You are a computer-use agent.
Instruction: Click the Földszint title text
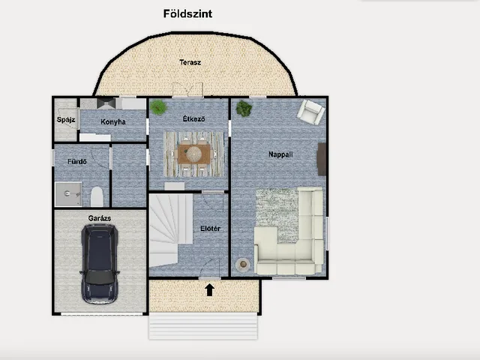tap(187, 13)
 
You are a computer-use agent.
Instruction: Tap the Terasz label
tap(190, 62)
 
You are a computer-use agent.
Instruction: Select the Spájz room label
tap(66, 120)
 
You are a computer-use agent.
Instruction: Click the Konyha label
tap(113, 121)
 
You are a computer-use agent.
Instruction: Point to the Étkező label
tap(193, 118)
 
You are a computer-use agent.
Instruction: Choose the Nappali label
tap(280, 154)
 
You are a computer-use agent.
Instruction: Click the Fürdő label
tap(77, 161)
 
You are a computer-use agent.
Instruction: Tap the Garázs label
tap(100, 218)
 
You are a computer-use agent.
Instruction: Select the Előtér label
tap(210, 228)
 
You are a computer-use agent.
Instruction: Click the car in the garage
tap(99, 264)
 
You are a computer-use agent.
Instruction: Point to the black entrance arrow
tap(209, 290)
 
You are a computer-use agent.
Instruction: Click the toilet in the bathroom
tap(97, 196)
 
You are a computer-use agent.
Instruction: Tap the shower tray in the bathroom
tap(68, 194)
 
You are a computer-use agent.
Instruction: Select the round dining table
tap(193, 154)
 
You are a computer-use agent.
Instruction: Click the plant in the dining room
tap(158, 107)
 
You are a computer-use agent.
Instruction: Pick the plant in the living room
tap(244, 109)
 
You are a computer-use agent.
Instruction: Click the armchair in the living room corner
tap(310, 112)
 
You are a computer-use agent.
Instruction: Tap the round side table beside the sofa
tap(243, 264)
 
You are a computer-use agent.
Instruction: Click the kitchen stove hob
tap(106, 103)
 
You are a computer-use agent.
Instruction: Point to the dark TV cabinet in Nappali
tap(322, 159)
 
